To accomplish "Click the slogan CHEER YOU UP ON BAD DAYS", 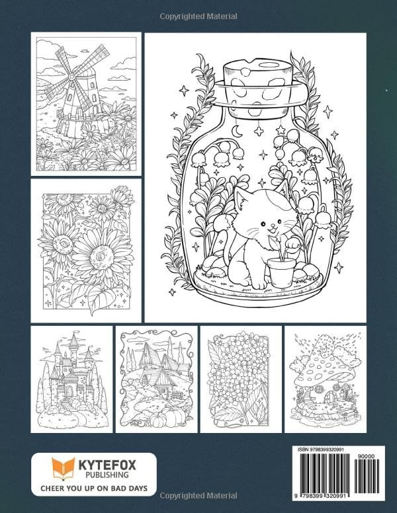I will coord(94,490).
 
